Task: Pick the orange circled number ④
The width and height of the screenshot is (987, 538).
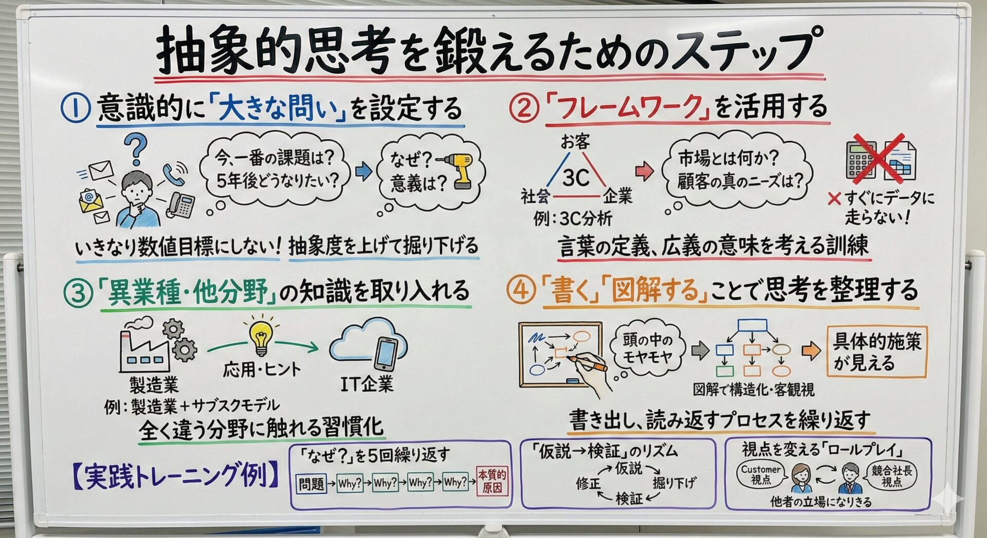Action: pos(521,290)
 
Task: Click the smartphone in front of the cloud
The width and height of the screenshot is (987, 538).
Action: pos(386,354)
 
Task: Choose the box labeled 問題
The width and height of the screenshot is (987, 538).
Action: pos(312,484)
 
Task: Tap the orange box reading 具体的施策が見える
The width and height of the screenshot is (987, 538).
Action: pos(877,352)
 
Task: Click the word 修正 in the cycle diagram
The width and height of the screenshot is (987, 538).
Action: pos(589,484)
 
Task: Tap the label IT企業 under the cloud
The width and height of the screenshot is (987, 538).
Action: pos(367,384)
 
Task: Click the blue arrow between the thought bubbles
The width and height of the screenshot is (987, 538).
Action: pos(364,171)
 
